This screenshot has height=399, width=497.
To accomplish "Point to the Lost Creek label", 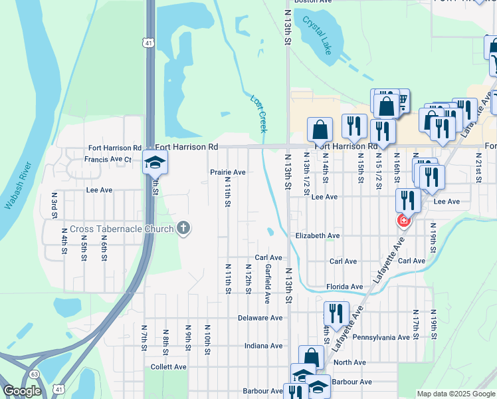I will pyautogui.click(x=258, y=114).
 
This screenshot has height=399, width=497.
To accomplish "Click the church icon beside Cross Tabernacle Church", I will pyautogui.click(x=183, y=228).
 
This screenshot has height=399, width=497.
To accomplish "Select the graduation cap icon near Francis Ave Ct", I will pyautogui.click(x=155, y=162).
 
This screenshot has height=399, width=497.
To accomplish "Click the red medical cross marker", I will pyautogui.click(x=403, y=220).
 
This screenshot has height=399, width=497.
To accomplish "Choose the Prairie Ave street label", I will pyautogui.click(x=228, y=172).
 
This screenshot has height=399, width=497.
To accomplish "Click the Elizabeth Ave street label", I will pyautogui.click(x=318, y=235).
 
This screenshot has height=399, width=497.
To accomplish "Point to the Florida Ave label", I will pyautogui.click(x=344, y=287).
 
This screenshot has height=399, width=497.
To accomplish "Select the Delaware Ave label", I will pyautogui.click(x=260, y=318).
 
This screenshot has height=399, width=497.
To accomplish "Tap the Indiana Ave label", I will pyautogui.click(x=263, y=346).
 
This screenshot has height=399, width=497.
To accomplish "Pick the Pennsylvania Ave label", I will pyautogui.click(x=380, y=337).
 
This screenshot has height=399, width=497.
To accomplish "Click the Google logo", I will pyautogui.click(x=22, y=391).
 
